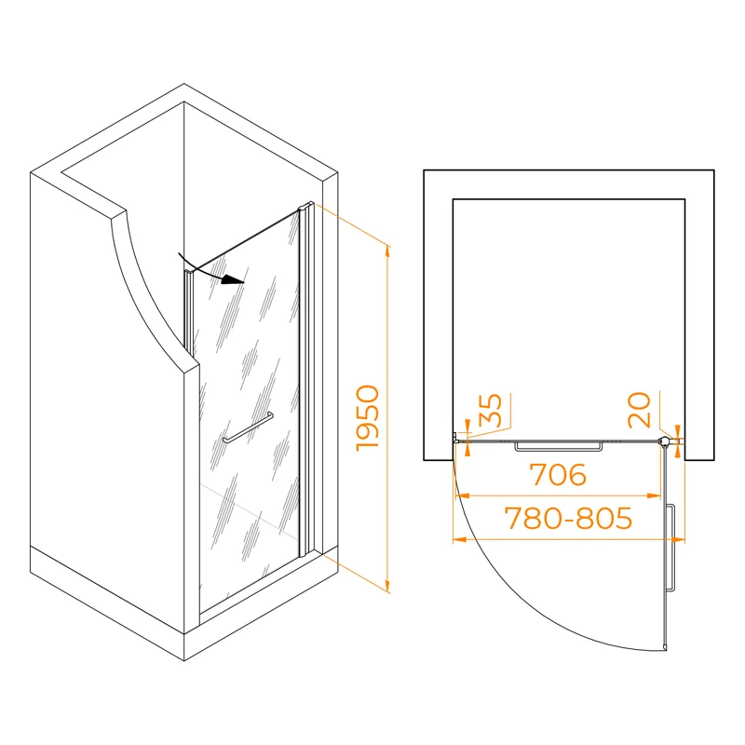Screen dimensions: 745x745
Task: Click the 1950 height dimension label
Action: point(368,418)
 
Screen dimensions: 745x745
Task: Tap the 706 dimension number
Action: point(558,475)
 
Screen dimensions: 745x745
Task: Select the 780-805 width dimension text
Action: point(568,518)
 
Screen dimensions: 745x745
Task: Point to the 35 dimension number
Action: point(491,411)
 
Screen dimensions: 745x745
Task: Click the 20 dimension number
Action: point(639,410)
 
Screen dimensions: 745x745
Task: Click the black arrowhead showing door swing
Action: point(234,280)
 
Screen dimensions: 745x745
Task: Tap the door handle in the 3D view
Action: point(248,427)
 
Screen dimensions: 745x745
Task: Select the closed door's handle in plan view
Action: point(559,446)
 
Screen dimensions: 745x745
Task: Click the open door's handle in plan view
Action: point(670,548)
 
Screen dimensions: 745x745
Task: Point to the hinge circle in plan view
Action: point(664,441)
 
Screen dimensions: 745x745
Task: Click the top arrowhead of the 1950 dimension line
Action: point(387,251)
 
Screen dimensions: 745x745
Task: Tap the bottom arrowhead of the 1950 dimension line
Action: point(387,587)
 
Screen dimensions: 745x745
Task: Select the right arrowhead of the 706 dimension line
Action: point(655,496)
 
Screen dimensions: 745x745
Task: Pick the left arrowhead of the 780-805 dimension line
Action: point(459,539)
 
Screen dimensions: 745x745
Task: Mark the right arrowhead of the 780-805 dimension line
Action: point(679,539)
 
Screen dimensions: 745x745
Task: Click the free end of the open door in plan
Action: point(665,647)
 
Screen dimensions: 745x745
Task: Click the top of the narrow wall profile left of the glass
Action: point(189,272)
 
